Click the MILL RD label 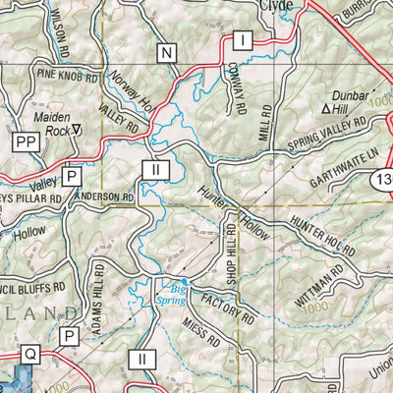(264, 126)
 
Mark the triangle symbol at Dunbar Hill (328, 100)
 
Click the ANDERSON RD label (106, 196)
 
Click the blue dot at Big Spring (183, 281)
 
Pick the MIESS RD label (199, 331)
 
